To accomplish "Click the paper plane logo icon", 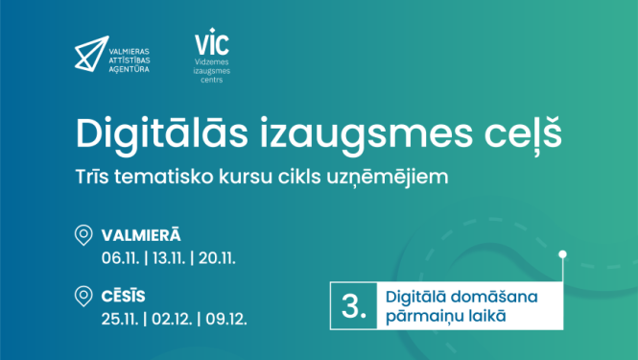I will pyautogui.click(x=92, y=53).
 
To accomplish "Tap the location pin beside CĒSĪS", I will pyautogui.click(x=84, y=297).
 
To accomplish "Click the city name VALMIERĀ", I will pyautogui.click(x=141, y=235).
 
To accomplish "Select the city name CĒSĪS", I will pyautogui.click(x=124, y=295).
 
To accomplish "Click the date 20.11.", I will pyautogui.click(x=219, y=256).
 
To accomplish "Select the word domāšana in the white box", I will pyautogui.click(x=484, y=297).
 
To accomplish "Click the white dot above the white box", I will pyautogui.click(x=564, y=254).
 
